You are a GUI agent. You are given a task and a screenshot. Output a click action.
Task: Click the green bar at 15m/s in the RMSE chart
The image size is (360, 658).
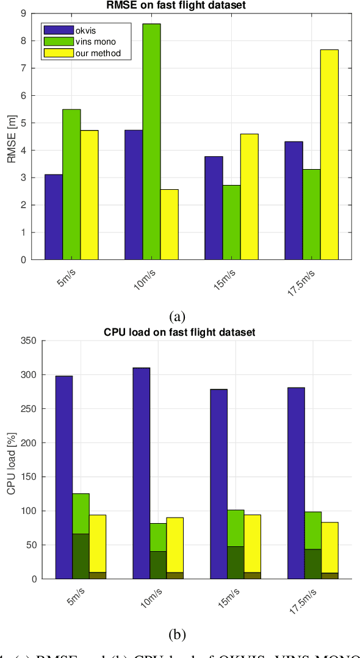click(x=231, y=222)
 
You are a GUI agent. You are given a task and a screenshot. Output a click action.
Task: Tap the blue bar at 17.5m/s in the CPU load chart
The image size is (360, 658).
click(x=296, y=482)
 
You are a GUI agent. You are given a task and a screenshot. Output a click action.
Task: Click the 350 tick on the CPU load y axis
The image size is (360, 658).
click(x=18, y=341)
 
